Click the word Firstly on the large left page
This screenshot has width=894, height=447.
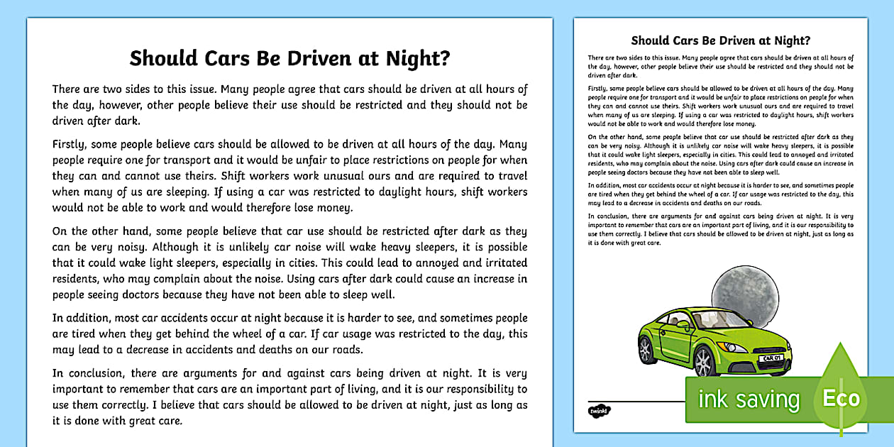click(x=72, y=143)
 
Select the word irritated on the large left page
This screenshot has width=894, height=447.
click(x=500, y=262)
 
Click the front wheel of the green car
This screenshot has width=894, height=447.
click(x=705, y=363)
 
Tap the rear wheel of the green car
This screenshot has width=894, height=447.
click(x=647, y=350)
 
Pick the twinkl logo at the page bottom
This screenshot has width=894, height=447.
click(x=596, y=411)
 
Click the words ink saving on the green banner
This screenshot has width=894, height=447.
click(x=749, y=399)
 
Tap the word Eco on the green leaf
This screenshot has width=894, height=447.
click(x=841, y=398)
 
